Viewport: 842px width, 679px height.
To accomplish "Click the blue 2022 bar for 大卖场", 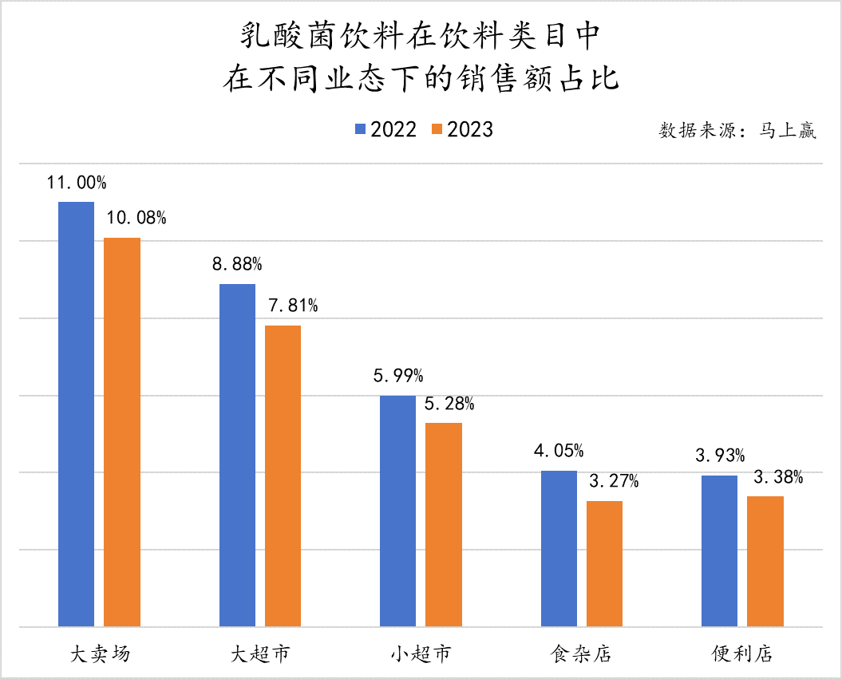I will pos(76,414).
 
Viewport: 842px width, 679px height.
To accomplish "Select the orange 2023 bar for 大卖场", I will pos(122,432).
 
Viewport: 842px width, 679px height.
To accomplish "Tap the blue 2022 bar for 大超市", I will pos(237,455).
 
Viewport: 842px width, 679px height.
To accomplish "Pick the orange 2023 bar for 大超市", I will pos(283,476).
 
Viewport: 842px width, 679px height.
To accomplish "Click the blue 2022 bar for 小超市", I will pos(397,511).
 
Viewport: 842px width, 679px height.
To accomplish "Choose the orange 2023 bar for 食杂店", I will pos(604,563).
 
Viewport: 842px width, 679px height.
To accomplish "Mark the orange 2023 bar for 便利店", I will pos(765,561).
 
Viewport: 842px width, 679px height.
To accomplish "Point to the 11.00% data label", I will pos(77,183).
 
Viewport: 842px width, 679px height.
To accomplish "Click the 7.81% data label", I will pos(293,306).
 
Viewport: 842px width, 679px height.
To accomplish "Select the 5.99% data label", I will pos(398,376).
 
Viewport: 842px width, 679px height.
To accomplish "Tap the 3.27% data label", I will pos(614,481).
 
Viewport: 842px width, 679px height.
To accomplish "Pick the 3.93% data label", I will pos(720,456).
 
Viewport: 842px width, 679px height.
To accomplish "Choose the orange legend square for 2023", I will pos(437,129).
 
